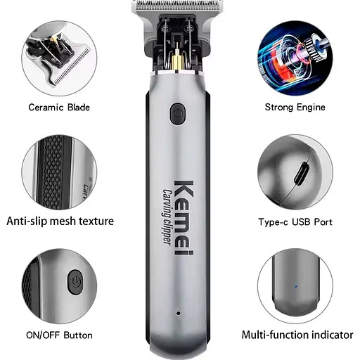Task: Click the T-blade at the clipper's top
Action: pos(181,7)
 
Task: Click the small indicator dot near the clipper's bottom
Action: pos(179,312)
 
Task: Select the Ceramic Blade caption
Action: pos(60,108)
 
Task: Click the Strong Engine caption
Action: pos(295,108)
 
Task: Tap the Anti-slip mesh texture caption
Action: pos(60,221)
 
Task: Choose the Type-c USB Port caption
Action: pos(295,221)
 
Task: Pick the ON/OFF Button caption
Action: pos(60,335)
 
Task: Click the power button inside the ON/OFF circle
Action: pos(73,284)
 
